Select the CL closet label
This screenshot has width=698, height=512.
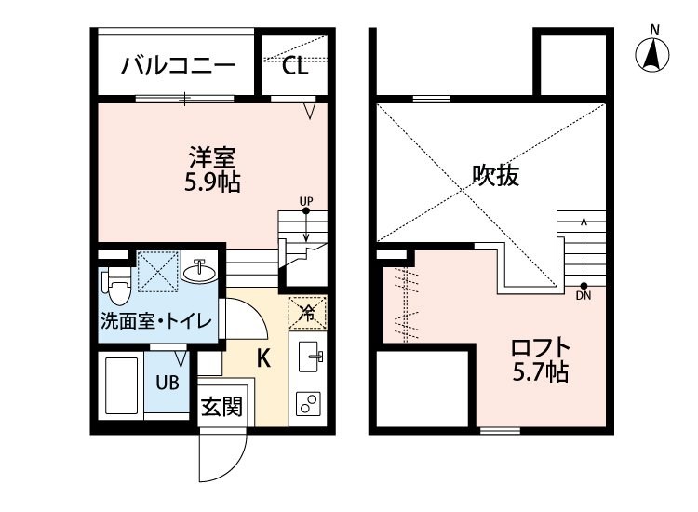294,66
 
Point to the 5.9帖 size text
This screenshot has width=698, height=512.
212,182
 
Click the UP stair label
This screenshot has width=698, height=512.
306,201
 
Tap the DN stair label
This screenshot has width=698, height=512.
584,297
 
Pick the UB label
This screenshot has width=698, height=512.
168,382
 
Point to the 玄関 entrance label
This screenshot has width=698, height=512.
221,406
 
